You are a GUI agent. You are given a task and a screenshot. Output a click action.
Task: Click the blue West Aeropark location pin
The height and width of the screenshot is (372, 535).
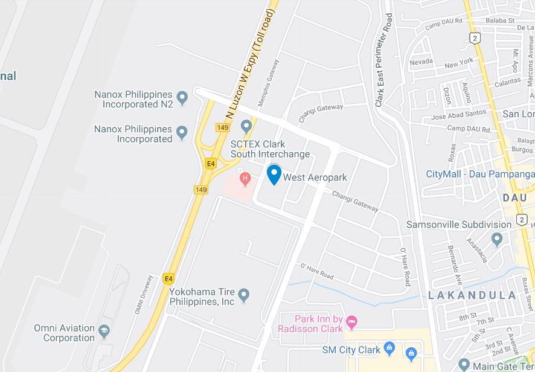click(x=274, y=175)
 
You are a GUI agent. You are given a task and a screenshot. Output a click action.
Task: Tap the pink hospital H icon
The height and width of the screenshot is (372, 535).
click(x=245, y=178)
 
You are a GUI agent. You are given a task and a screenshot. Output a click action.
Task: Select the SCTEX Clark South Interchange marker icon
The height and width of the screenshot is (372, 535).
click(x=246, y=127)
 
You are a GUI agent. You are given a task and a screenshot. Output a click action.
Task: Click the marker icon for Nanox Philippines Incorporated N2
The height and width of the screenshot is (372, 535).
click(x=182, y=95)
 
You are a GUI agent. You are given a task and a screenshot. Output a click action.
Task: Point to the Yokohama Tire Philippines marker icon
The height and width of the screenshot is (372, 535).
click(x=244, y=295)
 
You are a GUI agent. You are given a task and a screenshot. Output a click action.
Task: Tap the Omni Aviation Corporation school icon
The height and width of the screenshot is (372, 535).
click(x=104, y=330)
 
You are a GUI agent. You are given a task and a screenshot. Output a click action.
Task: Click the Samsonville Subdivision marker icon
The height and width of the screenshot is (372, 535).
click(x=497, y=239)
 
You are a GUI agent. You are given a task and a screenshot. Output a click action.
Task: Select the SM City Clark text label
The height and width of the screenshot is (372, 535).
click(x=351, y=350)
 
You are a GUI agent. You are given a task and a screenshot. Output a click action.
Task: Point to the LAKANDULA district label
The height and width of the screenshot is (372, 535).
click(x=472, y=295)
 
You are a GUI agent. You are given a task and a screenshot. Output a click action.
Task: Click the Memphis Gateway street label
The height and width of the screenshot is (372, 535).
click(x=269, y=83)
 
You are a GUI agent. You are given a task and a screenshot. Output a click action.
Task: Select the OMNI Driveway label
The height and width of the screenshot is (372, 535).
click(x=143, y=295)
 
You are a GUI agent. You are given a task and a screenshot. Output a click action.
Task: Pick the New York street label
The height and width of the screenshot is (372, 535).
click(x=459, y=64)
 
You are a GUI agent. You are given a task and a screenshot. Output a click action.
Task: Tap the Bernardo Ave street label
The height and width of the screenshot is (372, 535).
click(x=454, y=261)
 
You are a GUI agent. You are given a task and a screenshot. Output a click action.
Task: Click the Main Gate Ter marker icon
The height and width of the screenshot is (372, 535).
click(x=464, y=365)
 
